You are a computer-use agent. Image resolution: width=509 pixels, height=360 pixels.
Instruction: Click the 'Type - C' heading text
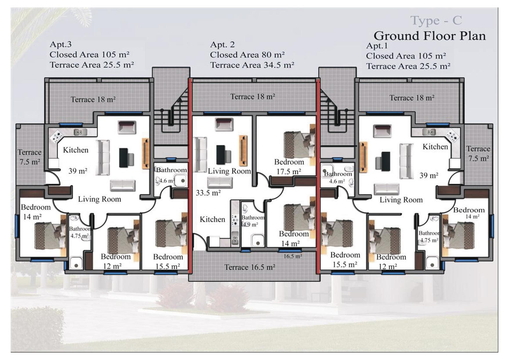click(x=436, y=20)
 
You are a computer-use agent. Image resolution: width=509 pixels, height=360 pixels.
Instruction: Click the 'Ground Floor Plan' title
click(x=429, y=36)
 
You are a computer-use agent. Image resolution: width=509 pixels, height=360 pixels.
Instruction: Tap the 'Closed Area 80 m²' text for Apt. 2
click(x=247, y=55)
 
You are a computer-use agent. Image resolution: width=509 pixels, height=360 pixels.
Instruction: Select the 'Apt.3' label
click(x=61, y=44)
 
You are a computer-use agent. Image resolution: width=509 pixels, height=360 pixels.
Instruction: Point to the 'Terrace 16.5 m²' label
click(x=250, y=267)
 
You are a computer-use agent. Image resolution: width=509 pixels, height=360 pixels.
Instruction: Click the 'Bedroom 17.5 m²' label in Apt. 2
click(x=289, y=167)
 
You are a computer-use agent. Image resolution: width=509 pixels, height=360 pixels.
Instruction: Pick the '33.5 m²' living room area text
click(x=208, y=193)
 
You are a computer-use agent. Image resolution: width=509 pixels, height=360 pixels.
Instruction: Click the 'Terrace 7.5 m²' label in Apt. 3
click(x=29, y=157)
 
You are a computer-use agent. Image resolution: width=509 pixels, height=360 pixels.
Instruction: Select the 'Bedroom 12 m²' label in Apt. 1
click(x=391, y=261)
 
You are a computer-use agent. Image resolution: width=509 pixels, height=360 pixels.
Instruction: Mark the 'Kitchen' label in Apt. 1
click(x=435, y=147)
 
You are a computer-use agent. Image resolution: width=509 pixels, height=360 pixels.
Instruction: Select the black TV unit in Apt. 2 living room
click(x=221, y=155)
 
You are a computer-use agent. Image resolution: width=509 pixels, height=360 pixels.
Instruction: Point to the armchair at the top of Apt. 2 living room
click(x=224, y=124)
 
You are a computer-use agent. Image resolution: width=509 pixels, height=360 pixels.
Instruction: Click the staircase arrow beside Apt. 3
click(x=180, y=100)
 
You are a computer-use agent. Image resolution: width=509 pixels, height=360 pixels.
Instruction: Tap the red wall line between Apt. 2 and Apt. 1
click(x=318, y=174)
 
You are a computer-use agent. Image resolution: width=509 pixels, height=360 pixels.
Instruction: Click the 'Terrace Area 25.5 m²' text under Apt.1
click(x=408, y=66)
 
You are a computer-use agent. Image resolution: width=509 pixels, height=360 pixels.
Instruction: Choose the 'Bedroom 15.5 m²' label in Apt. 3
click(x=168, y=261)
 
